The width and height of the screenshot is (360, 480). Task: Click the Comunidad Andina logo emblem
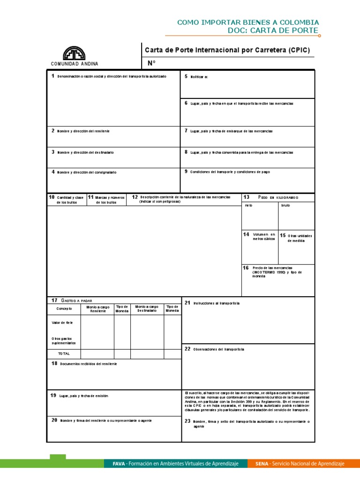click(x=75, y=53)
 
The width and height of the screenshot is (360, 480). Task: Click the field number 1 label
click(x=53, y=76)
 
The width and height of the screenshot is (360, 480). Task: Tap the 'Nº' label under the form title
click(x=151, y=63)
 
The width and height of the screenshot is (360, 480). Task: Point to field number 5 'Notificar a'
click(x=186, y=76)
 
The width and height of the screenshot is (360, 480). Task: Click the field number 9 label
click(x=186, y=172)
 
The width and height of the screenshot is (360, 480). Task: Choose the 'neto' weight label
click(x=248, y=206)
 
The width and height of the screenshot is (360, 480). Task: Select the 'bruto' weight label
click(x=285, y=206)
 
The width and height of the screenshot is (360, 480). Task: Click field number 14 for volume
click(x=246, y=234)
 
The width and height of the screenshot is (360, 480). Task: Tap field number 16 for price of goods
click(x=246, y=268)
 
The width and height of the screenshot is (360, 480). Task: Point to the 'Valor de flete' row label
click(x=62, y=322)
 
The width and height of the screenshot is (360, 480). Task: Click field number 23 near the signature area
click(x=187, y=421)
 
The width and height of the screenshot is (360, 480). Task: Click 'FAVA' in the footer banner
click(x=119, y=464)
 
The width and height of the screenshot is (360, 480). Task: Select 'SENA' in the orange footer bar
click(x=262, y=464)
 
